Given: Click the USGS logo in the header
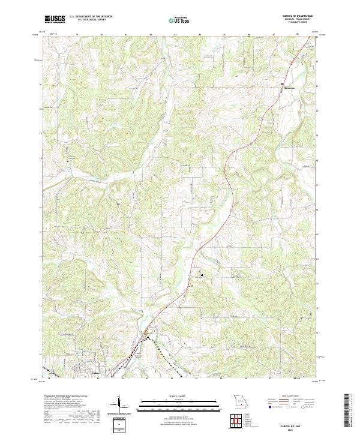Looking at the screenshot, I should coord(55,19).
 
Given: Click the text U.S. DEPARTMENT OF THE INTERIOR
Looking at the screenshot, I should coord(90,16).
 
